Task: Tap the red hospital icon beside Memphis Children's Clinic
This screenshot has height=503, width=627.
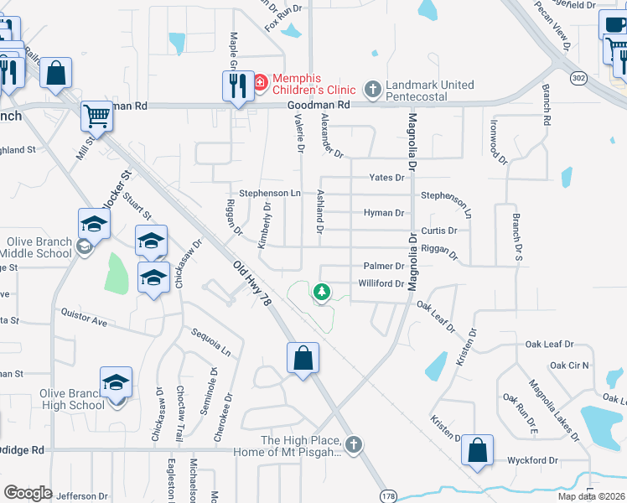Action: click(260, 83)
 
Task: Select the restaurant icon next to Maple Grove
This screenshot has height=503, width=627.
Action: click(238, 85)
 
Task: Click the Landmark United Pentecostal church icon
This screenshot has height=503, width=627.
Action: click(372, 88)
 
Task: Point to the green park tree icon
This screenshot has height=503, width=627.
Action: click(320, 292)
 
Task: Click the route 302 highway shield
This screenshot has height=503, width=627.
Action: click(578, 77)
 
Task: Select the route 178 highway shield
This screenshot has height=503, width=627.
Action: click(386, 493)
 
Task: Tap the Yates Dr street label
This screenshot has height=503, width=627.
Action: click(387, 178)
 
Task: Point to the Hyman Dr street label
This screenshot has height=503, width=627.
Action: click(384, 213)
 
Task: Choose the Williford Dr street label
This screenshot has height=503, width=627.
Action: click(381, 284)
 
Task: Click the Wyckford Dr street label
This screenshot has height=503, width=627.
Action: click(532, 460)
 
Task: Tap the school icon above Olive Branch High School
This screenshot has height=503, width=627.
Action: click(116, 381)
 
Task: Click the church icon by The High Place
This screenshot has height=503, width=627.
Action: click(354, 443)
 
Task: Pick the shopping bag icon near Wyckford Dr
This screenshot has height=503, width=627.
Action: click(477, 449)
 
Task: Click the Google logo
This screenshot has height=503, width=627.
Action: click(28, 493)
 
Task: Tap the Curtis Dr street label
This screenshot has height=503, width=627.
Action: click(439, 231)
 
